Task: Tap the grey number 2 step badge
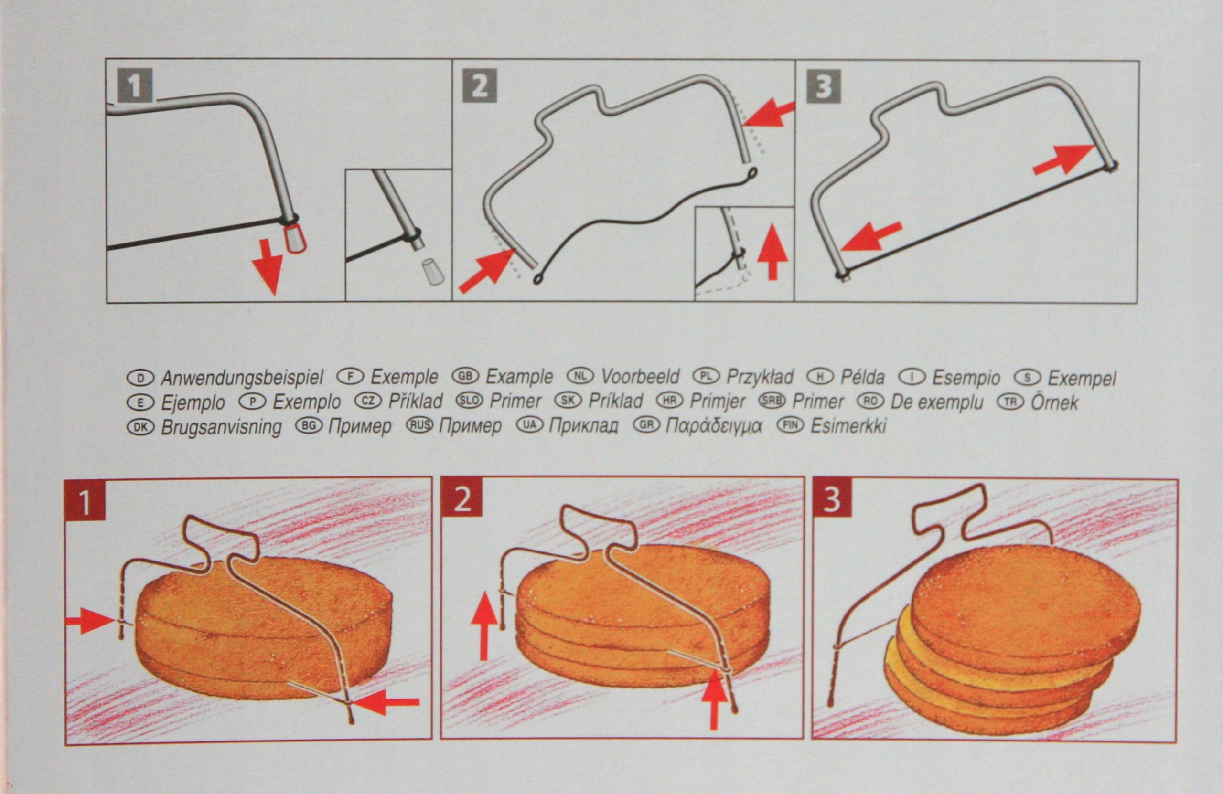480,85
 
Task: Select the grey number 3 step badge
824,85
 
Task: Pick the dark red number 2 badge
462,498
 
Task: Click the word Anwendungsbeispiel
242,379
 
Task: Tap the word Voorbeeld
640,377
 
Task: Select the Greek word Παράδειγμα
714,426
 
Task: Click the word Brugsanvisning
222,427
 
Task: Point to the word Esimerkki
849,426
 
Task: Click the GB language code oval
465,376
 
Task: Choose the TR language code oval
1011,401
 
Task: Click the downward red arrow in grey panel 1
267,265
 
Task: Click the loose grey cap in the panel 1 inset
433,272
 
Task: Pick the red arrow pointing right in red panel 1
89,620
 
